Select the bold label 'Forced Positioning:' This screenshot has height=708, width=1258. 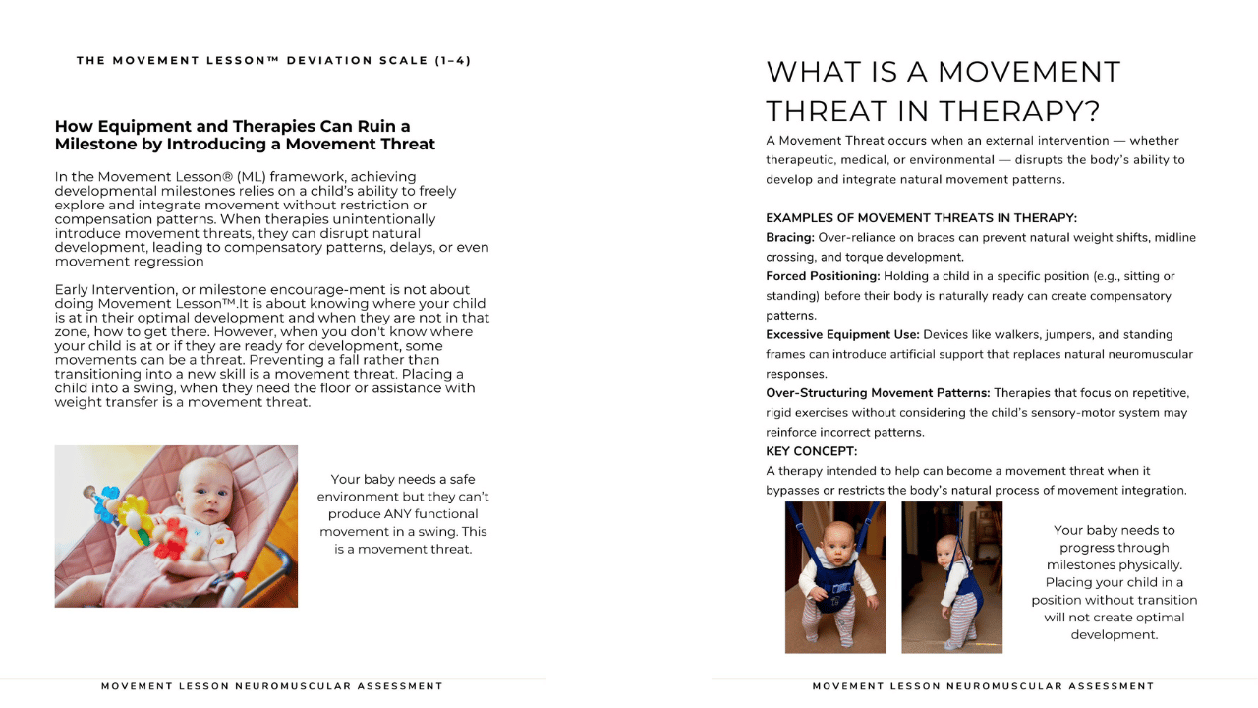coord(823,276)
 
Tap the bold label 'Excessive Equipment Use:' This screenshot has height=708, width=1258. coord(842,334)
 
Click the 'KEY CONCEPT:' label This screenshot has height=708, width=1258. coord(811,451)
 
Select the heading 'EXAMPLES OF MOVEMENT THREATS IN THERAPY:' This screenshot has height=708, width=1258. coord(921,218)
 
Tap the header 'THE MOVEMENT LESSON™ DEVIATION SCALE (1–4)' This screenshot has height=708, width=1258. coord(273,61)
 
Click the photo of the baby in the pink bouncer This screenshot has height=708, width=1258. coord(176,526)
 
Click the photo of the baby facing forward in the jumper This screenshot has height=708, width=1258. coord(835,577)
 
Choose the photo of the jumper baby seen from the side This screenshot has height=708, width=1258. coord(951,577)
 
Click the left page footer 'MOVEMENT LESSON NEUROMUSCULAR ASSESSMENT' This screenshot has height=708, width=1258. coord(272,686)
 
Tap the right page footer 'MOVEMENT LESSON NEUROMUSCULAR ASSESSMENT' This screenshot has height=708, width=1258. coord(983,686)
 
